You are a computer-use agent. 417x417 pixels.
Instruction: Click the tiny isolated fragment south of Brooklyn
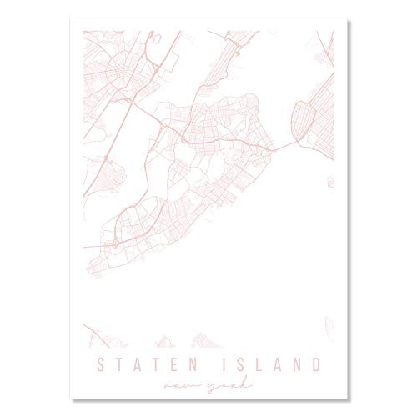[329, 181]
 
